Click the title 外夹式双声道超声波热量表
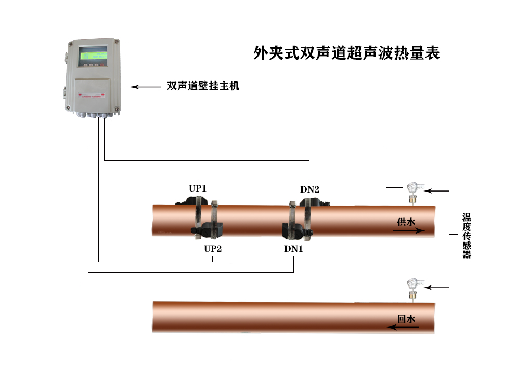pyautogui.click(x=346, y=53)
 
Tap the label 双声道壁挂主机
pyautogui.click(x=203, y=87)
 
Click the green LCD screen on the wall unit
pyautogui.click(x=93, y=56)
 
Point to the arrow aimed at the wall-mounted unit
pyautogui.click(x=145, y=87)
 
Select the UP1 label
pyautogui.click(x=198, y=188)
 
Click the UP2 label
pyautogui.click(x=213, y=249)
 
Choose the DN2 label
pyautogui.click(x=309, y=189)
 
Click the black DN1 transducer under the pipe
pyautogui.click(x=292, y=229)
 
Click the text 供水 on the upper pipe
pyautogui.click(x=406, y=222)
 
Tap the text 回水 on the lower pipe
pyautogui.click(x=406, y=319)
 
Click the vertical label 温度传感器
pyautogui.click(x=467, y=236)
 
